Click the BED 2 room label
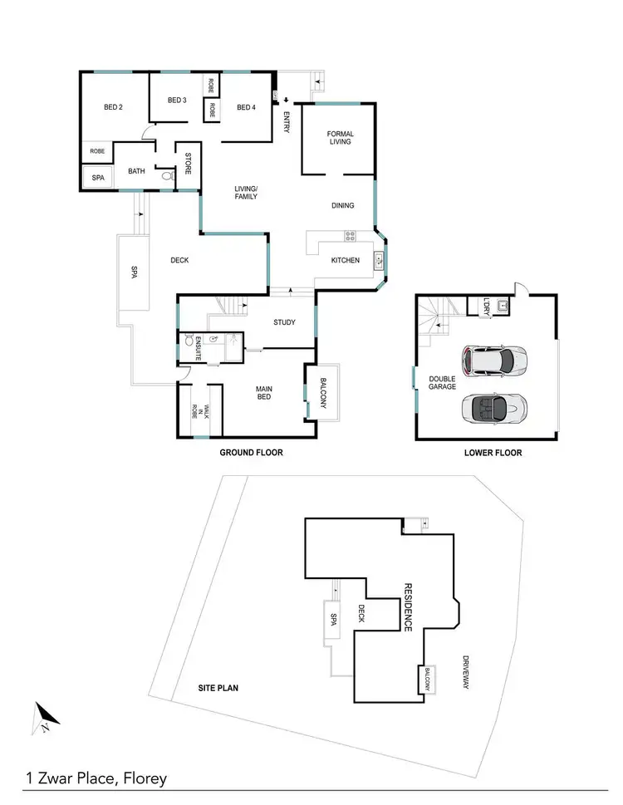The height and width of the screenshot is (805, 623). (x=113, y=107)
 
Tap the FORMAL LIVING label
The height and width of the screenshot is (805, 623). (x=340, y=137)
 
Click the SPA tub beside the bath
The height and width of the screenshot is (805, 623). (x=98, y=178)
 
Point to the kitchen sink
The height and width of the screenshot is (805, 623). (x=379, y=259)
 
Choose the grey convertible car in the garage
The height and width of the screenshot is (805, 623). (x=494, y=407)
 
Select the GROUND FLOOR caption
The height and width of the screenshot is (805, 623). (x=251, y=453)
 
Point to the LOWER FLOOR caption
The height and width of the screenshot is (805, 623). (x=493, y=453)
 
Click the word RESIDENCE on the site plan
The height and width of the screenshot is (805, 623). (x=408, y=606)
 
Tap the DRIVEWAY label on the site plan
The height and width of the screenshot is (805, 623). (x=465, y=672)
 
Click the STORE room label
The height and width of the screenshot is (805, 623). (x=188, y=163)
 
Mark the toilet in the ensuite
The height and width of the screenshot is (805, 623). (x=190, y=341)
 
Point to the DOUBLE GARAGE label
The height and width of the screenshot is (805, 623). (x=442, y=382)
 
